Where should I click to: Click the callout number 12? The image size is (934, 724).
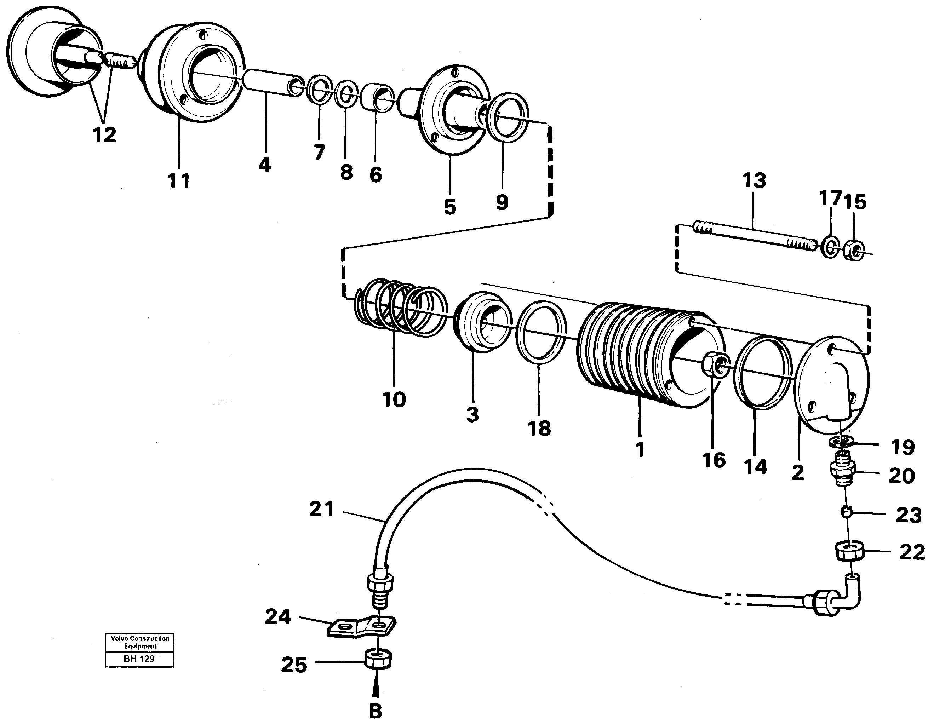pos(105,135)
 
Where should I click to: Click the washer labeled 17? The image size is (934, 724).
pos(830,248)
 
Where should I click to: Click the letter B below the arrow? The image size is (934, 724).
pos(375,712)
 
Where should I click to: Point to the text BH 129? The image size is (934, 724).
pos(139,659)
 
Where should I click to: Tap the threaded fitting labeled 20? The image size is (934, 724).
pos(842,472)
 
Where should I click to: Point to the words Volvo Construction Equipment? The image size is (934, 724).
pos(140,642)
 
